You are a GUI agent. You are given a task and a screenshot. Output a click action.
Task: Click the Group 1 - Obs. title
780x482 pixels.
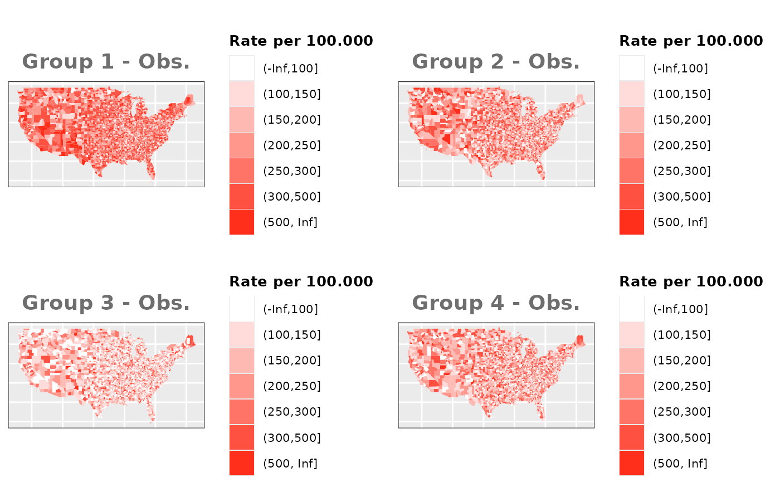[106, 61]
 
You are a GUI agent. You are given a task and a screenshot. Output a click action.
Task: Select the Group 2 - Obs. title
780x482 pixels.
[496, 61]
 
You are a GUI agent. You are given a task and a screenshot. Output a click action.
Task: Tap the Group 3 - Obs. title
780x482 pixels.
[106, 303]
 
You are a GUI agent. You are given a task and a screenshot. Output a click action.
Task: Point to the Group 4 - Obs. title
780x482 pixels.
[496, 303]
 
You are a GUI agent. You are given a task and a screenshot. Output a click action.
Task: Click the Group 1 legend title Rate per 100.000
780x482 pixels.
[301, 41]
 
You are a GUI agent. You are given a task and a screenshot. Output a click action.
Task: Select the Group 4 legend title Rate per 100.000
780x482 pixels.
[691, 281]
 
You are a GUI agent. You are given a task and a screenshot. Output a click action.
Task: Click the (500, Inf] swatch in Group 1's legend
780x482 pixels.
[242, 222]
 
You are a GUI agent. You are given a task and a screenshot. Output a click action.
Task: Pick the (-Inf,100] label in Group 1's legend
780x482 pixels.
[291, 69]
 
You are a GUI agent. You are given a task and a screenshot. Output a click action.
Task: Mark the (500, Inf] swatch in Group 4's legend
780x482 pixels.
[632, 463]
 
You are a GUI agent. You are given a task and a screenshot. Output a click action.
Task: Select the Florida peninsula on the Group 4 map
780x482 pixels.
[540, 411]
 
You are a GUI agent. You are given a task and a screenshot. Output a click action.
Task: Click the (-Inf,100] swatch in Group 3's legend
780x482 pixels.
[242, 309]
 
